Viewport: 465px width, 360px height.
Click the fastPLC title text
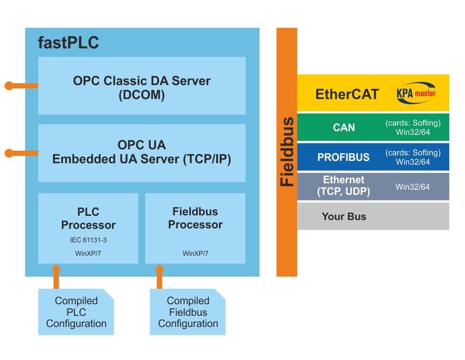68,43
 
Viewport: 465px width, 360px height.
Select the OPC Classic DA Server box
142,86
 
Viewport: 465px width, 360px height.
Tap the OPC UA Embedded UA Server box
142,153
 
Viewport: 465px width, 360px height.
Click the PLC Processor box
88,228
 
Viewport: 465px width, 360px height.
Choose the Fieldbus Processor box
195,228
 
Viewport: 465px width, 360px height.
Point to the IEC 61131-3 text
88,240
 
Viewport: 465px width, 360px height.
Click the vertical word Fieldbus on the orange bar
287,152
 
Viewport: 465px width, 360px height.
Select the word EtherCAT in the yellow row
347,94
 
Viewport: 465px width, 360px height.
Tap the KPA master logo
416,93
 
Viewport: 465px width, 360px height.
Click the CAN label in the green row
344,127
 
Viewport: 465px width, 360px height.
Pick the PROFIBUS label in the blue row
344,157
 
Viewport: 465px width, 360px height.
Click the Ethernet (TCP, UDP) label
344,186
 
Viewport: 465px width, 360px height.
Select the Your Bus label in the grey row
344,216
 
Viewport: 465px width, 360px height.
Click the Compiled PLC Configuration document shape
76,312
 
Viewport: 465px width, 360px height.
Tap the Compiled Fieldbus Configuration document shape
188,312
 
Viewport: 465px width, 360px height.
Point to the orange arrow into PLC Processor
56,276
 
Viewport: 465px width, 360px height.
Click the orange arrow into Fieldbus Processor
159,276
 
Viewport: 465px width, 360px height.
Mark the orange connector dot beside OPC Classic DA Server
9,86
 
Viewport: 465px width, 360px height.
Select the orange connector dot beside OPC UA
9,153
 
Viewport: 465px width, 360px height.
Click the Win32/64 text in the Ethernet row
412,187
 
